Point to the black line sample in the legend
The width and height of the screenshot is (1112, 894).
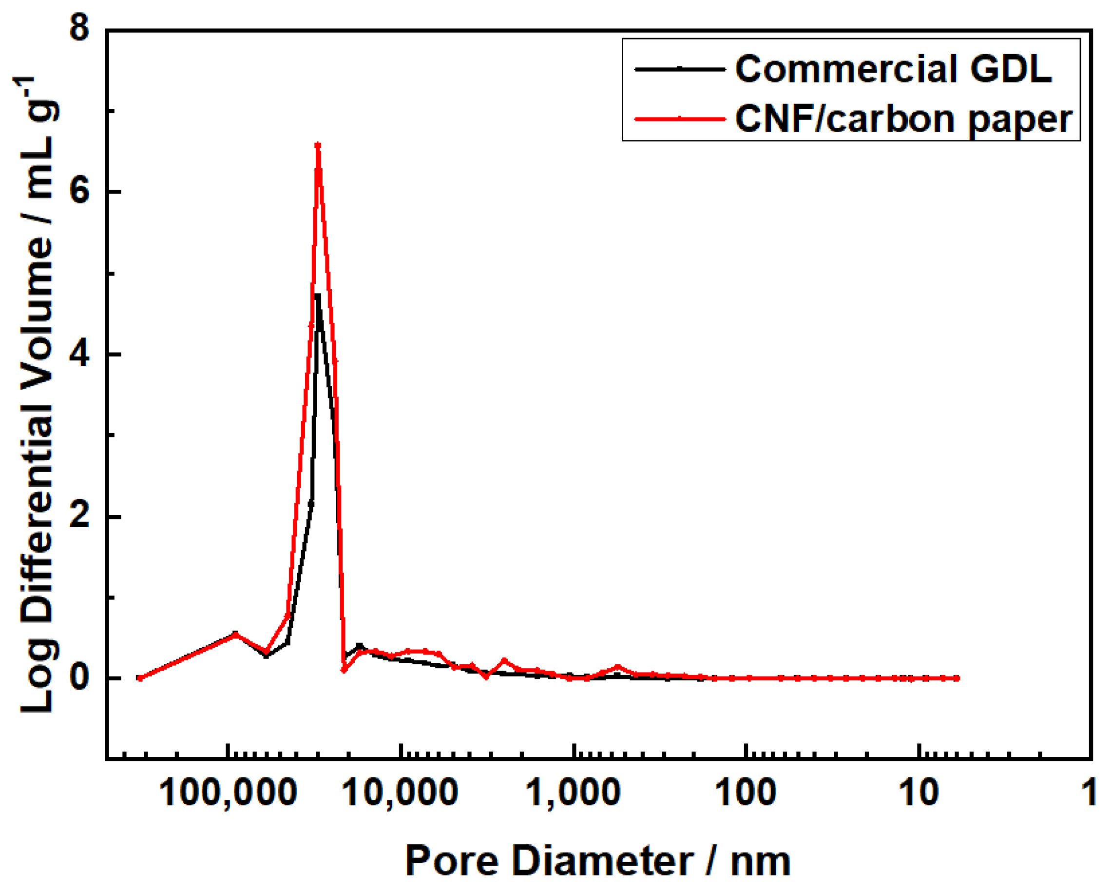pyautogui.click(x=679, y=69)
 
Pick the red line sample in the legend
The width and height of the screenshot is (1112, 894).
pyautogui.click(x=679, y=119)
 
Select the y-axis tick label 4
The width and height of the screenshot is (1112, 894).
pyautogui.click(x=80, y=354)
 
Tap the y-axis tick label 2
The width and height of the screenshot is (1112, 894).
pyautogui.click(x=80, y=516)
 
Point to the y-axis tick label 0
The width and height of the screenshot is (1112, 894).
pyautogui.click(x=80, y=678)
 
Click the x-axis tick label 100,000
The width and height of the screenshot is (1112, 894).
pyautogui.click(x=228, y=793)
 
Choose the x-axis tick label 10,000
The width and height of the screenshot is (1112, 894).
pyautogui.click(x=400, y=793)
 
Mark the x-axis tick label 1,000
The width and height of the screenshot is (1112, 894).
pyautogui.click(x=573, y=793)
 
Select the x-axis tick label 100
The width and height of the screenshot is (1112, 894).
pyautogui.click(x=746, y=793)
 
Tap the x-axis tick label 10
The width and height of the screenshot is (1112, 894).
pyautogui.click(x=919, y=793)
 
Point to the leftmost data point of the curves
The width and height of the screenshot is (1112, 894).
pyautogui.click(x=140, y=678)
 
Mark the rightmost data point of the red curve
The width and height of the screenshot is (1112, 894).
pyautogui.click(x=957, y=678)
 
